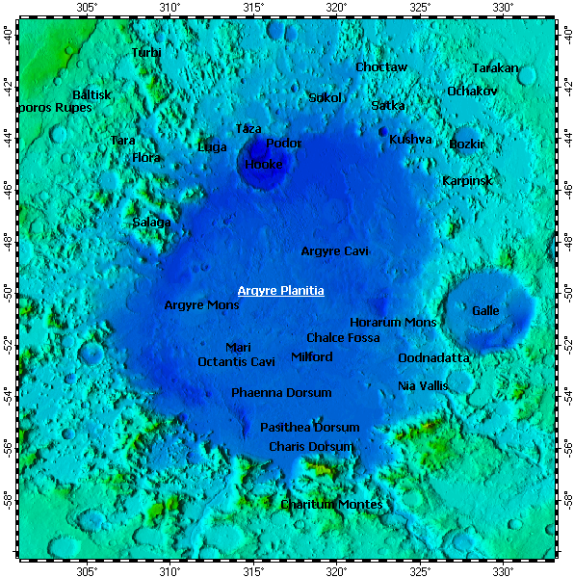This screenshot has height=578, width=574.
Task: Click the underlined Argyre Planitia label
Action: coord(280,291)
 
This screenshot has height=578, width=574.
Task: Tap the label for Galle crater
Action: coord(485,311)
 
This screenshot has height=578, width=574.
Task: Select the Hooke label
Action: coord(263,165)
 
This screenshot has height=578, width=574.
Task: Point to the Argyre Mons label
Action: coord(201,305)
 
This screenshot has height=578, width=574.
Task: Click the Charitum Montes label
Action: coord(331,505)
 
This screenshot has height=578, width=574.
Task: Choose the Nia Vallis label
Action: coord(423,386)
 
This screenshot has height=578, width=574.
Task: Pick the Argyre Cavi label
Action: coord(334,251)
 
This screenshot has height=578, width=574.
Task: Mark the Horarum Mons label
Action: coord(393,323)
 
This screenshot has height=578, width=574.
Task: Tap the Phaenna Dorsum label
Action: coord(281,393)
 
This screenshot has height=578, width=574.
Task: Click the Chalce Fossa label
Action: coord(343,338)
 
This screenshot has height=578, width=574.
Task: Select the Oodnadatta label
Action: coord(433,358)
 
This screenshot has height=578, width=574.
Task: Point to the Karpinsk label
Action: coord(467,181)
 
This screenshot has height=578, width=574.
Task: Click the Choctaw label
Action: coord(381,67)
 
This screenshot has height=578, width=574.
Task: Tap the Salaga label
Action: coord(151,223)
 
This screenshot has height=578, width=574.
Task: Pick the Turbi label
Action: coord(146,53)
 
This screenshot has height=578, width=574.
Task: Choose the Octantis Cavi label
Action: coord(236,362)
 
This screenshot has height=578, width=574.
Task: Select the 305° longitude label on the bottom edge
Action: coord(86,569)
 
